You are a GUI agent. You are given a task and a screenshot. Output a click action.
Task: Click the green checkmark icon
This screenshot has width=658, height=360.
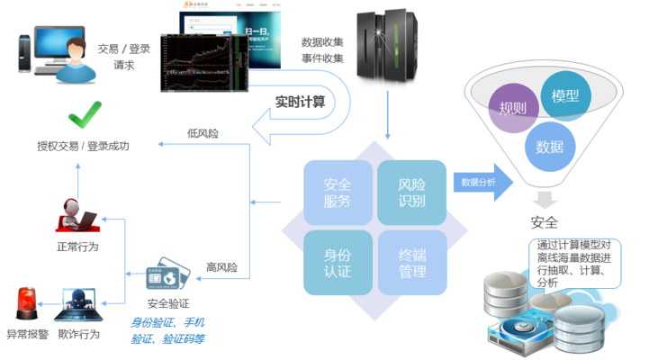[86, 114]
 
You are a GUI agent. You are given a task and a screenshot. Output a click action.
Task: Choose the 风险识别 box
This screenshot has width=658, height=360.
[411, 191]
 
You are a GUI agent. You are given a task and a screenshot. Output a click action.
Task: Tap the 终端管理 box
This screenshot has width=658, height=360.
[411, 262]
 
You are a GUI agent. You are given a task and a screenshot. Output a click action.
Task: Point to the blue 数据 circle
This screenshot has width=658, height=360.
[550, 145]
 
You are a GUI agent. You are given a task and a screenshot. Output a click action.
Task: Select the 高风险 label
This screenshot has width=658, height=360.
[221, 267]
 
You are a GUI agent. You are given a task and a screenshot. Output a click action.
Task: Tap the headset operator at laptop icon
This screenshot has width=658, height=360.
[78, 215]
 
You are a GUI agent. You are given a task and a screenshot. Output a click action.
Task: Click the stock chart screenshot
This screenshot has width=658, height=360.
[202, 63]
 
